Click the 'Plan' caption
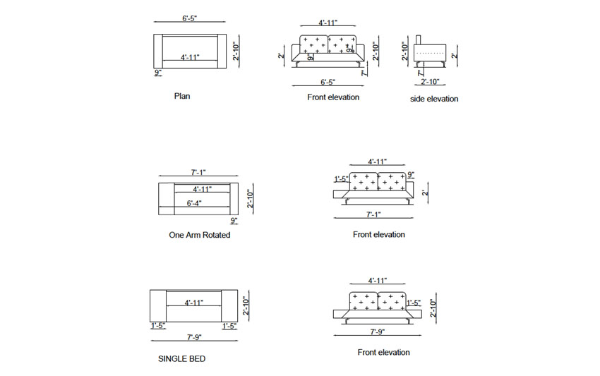pyautogui.click(x=181, y=96)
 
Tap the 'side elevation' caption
pyautogui.click(x=433, y=99)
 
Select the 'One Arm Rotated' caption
pyautogui.click(x=199, y=235)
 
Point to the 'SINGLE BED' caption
pyautogui.click(x=181, y=359)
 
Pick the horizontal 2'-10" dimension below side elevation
pyautogui.click(x=431, y=83)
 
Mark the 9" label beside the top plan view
pyautogui.click(x=157, y=73)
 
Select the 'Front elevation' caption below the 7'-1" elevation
pyautogui.click(x=378, y=234)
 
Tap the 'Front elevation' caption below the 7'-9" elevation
pyautogui.click(x=383, y=352)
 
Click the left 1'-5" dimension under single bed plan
pyautogui.click(x=157, y=325)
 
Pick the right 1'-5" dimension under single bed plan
pyautogui.click(x=229, y=325)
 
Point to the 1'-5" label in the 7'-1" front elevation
pyautogui.click(x=340, y=179)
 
